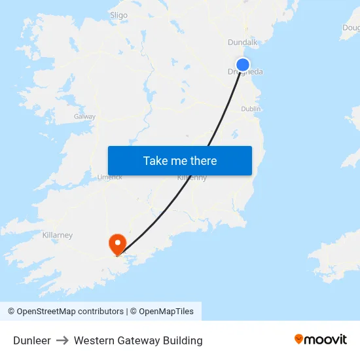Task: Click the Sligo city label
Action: (x=118, y=15)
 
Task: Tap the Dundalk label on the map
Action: (x=243, y=43)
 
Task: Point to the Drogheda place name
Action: (x=246, y=73)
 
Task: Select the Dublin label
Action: (x=251, y=109)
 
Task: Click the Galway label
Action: (x=85, y=117)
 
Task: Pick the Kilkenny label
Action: (x=192, y=177)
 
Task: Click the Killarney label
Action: (x=57, y=235)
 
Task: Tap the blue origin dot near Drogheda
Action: (x=243, y=64)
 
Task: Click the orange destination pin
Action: (x=118, y=243)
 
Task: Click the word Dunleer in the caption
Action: (x=32, y=340)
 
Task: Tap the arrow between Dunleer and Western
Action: (x=62, y=340)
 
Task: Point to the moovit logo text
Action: (x=326, y=340)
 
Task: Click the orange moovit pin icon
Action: (x=299, y=339)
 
